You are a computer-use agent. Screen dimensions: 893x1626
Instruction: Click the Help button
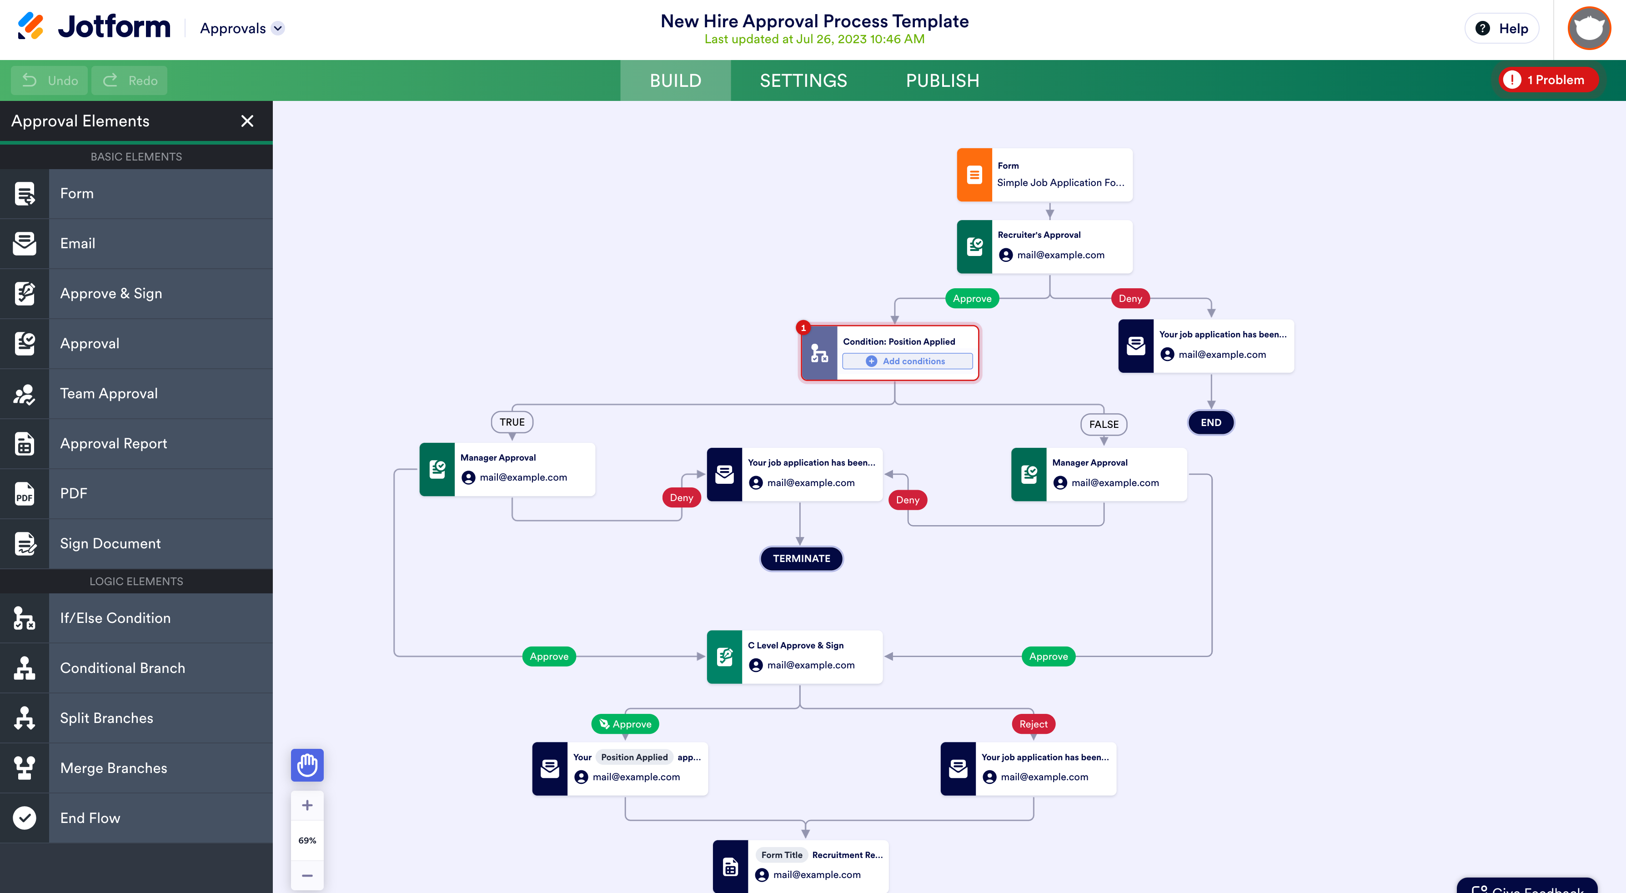point(1502,28)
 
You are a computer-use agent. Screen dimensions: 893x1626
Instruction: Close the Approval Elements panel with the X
point(247,121)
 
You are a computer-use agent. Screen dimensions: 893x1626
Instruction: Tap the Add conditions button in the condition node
point(907,361)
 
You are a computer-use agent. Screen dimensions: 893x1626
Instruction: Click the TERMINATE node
point(801,558)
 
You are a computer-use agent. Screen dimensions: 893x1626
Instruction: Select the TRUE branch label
point(512,422)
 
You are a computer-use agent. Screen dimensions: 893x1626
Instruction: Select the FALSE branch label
point(1104,424)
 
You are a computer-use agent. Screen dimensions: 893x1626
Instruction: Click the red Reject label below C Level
point(1033,724)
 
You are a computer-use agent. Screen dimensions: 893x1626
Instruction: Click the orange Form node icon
point(974,175)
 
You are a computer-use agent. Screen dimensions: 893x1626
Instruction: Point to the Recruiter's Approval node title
point(1039,235)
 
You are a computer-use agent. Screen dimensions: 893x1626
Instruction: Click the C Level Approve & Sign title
point(795,645)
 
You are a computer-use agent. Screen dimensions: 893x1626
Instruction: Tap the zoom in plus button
point(307,805)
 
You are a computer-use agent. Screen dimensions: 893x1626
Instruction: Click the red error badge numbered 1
point(803,327)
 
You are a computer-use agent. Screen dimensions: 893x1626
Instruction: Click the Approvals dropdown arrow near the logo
point(278,28)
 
